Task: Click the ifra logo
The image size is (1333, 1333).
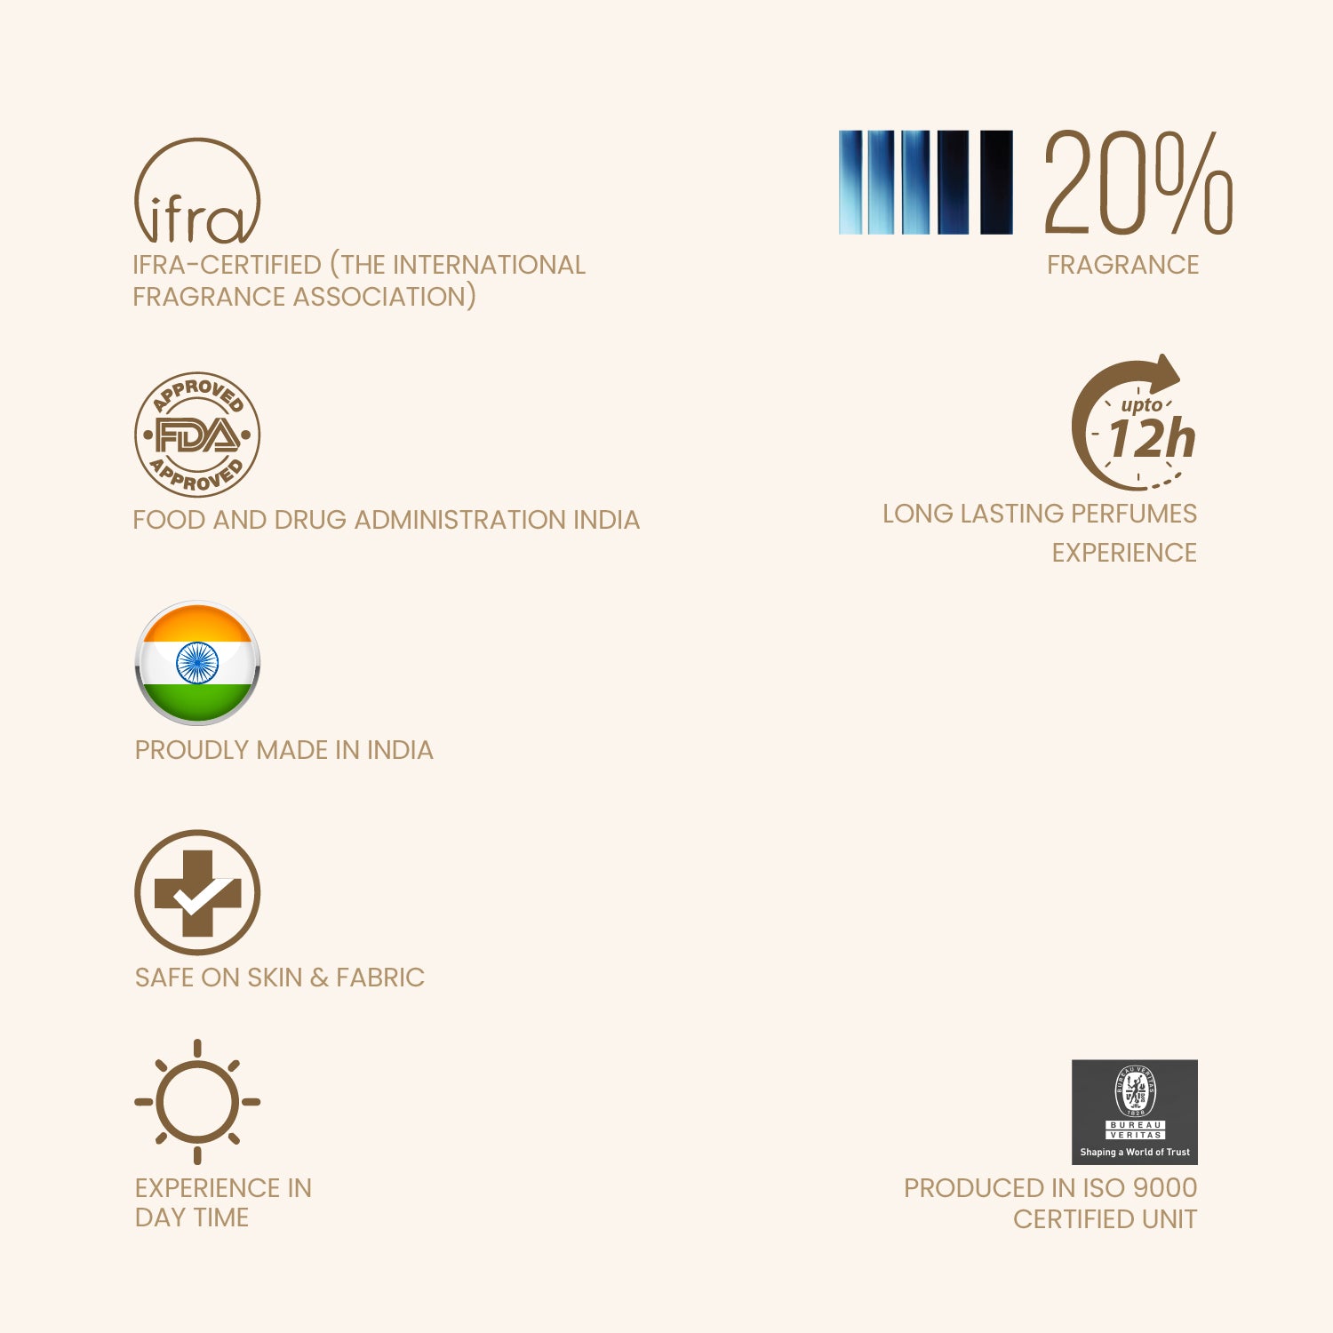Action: coord(196,193)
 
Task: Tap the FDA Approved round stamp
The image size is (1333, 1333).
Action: coord(196,435)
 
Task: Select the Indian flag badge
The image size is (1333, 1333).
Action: coord(196,663)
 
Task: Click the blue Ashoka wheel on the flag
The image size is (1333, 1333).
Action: coord(196,663)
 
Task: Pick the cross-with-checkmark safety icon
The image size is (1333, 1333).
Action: coord(196,892)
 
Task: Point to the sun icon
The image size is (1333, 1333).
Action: coord(196,1102)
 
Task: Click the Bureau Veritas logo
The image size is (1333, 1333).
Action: coord(1134,1111)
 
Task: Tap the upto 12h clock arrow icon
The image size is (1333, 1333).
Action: coord(1136,425)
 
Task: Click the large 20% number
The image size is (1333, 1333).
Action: coord(1137,182)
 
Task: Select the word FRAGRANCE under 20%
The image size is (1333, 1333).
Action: coord(1122,265)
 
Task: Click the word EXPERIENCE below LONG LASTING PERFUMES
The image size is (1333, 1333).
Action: coord(1124,553)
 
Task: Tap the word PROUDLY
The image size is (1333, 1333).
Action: coord(192,750)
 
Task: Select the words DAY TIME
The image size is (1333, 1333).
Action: coord(191,1217)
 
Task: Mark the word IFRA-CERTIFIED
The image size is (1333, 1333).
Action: coord(227,265)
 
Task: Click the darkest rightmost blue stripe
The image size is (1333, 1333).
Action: coord(996,182)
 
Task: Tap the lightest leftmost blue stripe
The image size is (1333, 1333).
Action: coord(850,182)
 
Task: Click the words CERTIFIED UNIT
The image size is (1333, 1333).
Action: coord(1105,1219)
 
